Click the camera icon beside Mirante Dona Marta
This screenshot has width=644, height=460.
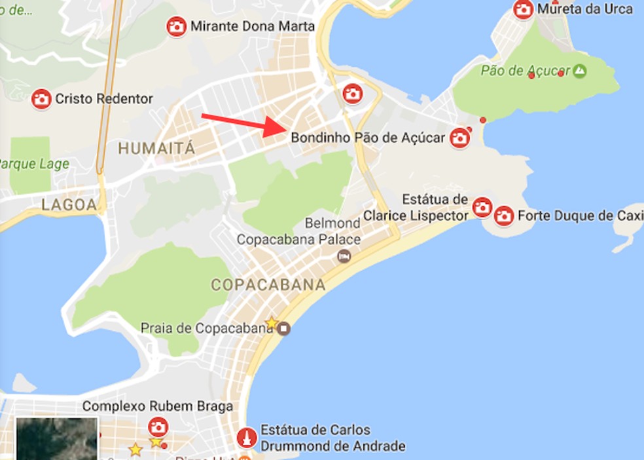pyautogui.click(x=175, y=27)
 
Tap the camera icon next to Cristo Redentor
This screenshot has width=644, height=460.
pyautogui.click(x=41, y=99)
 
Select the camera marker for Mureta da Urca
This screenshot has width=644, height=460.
pyautogui.click(x=523, y=9)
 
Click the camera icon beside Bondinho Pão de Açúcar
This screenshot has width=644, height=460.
pyautogui.click(x=460, y=138)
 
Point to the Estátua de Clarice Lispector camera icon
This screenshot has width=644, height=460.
pyautogui.click(x=482, y=207)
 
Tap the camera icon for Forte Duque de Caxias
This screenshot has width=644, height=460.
pyautogui.click(x=503, y=215)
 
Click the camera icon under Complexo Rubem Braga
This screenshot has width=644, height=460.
pyautogui.click(x=158, y=427)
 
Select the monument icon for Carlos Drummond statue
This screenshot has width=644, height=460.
pyautogui.click(x=247, y=437)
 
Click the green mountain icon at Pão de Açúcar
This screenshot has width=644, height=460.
pyautogui.click(x=579, y=71)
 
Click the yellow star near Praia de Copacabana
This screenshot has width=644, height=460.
pyautogui.click(x=271, y=322)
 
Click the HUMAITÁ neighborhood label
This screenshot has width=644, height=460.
pyautogui.click(x=156, y=149)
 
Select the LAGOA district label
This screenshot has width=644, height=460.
pyautogui.click(x=69, y=204)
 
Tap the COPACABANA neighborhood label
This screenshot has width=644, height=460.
pyautogui.click(x=268, y=285)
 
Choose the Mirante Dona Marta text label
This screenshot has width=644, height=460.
pyautogui.click(x=252, y=27)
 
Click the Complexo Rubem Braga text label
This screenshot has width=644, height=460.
pyautogui.click(x=157, y=407)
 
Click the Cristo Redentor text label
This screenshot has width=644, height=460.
pyautogui.click(x=104, y=99)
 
